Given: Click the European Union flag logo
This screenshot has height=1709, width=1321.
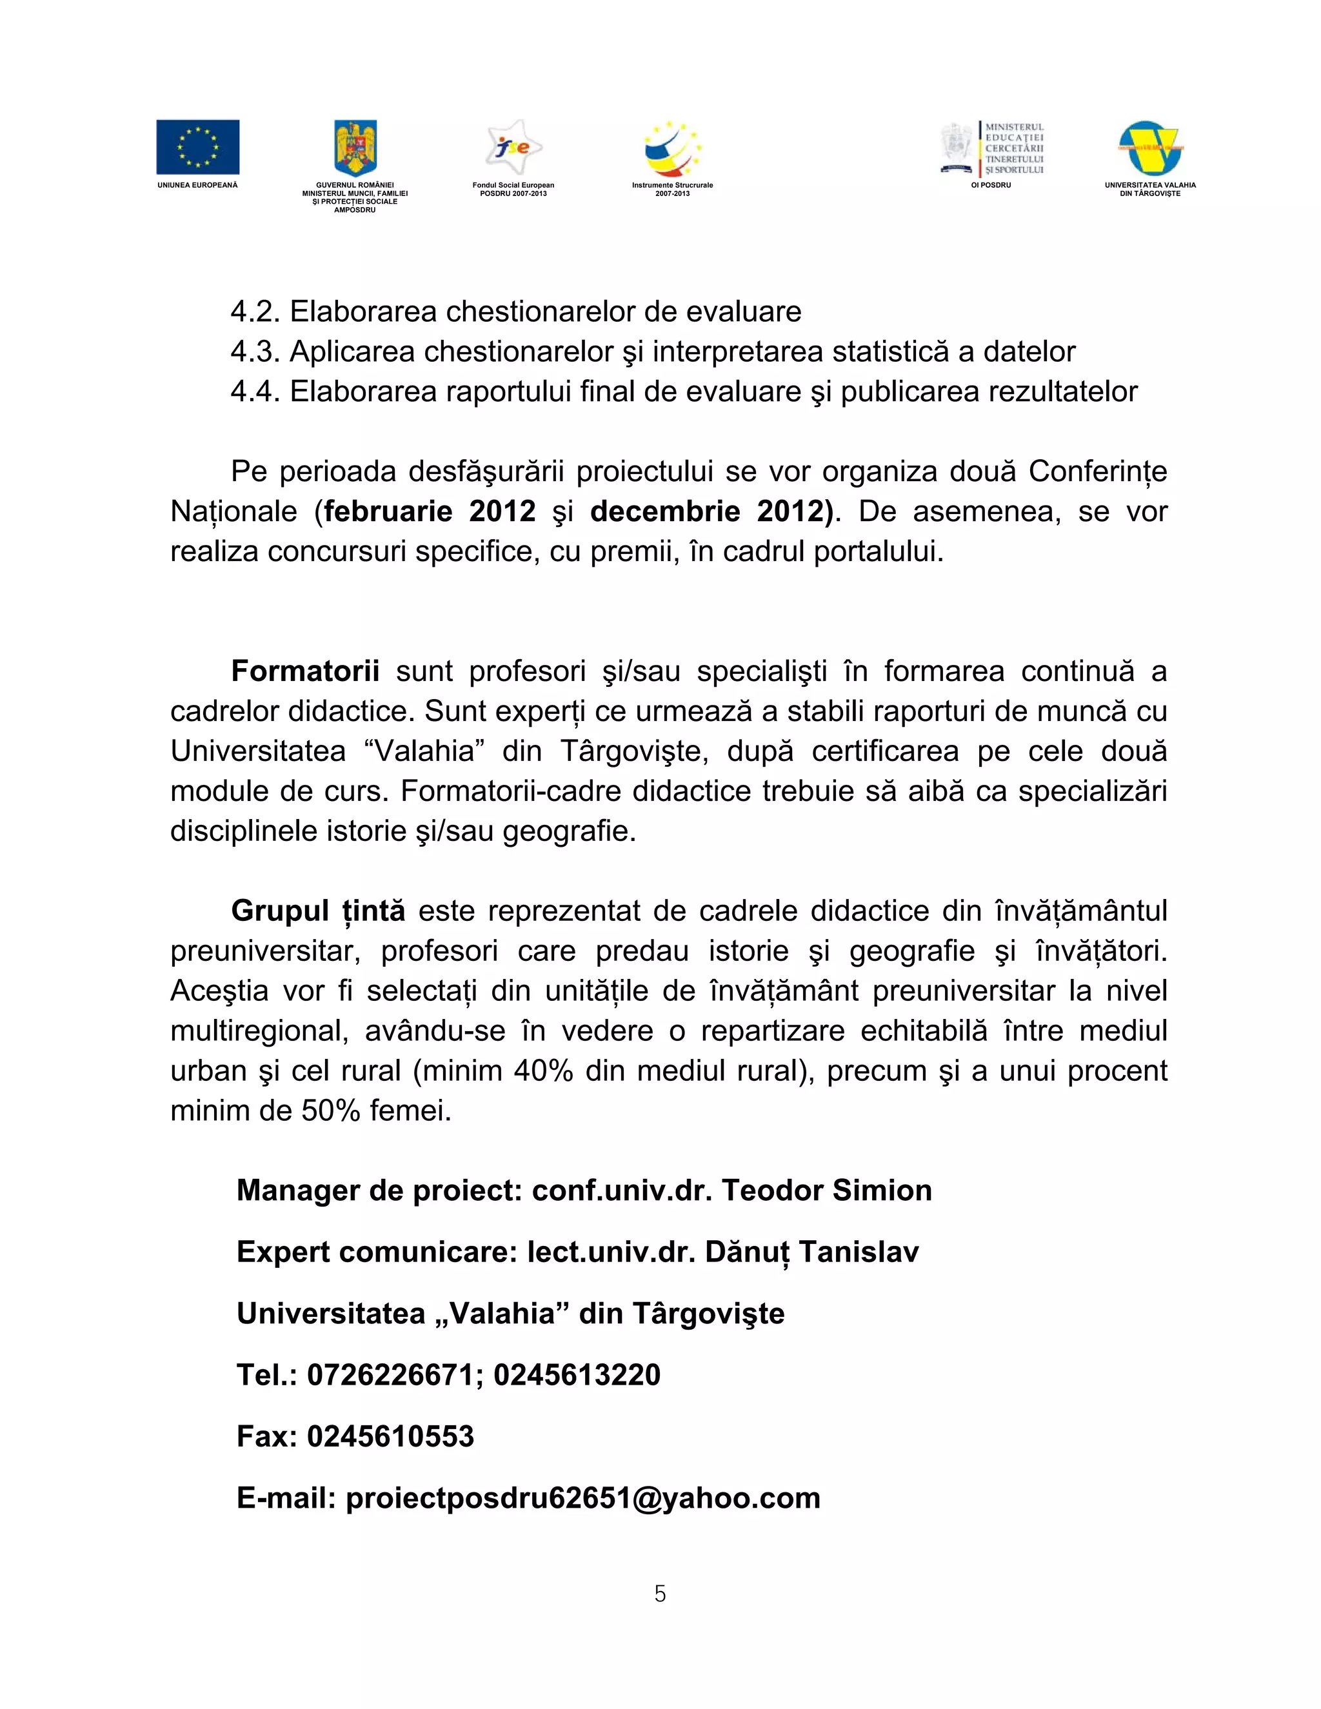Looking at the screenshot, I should click(x=197, y=147).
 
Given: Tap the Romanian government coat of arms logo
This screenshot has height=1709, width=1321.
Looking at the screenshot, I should click(x=355, y=147).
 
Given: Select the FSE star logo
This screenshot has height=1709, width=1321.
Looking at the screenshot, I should click(x=513, y=147).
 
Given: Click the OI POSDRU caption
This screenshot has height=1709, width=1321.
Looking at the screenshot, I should click(x=991, y=186).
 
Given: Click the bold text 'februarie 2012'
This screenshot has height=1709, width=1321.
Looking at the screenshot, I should click(x=430, y=512).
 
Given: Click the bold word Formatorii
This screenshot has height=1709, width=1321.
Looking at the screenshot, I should click(x=305, y=671).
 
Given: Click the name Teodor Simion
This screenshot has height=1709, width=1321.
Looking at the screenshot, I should click(x=826, y=1191).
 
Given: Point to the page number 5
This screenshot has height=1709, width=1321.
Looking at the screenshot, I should click(x=660, y=1594).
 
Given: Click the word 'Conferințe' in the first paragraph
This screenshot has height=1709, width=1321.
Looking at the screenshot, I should click(x=1097, y=472).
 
